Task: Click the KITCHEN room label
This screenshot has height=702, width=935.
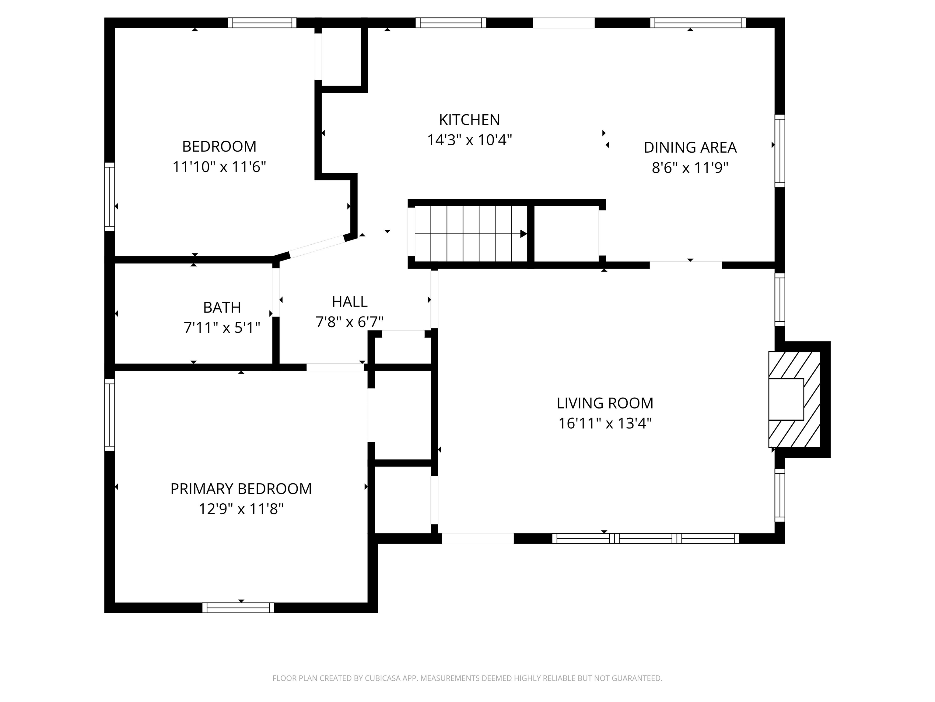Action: point(469,120)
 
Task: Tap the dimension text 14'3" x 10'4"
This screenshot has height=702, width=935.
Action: point(469,140)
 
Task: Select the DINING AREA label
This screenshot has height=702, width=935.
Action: point(690,148)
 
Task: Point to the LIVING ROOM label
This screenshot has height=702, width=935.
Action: point(604,403)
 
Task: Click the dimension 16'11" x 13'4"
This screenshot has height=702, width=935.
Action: point(604,424)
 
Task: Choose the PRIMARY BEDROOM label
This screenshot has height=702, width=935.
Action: point(241,489)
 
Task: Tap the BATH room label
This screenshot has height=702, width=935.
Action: point(222,308)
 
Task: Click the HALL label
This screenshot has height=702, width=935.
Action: point(350,302)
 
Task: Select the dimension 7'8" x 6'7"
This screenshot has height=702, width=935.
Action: point(350,322)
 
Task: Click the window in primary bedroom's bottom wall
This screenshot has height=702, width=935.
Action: point(238,608)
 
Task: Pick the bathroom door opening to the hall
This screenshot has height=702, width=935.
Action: point(276,292)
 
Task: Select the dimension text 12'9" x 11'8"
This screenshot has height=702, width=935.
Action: point(241,509)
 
